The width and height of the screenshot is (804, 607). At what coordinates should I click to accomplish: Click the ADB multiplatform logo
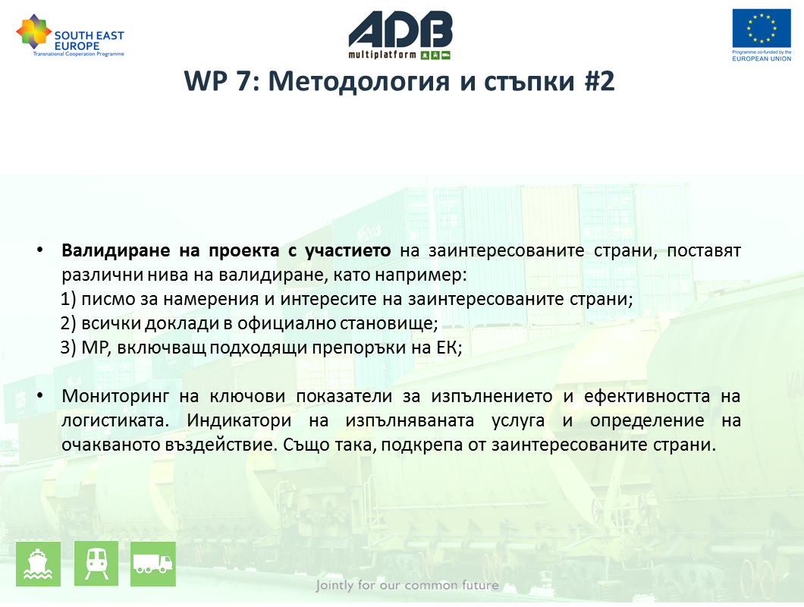(x=400, y=35)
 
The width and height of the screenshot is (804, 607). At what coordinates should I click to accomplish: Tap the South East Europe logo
(x=71, y=36)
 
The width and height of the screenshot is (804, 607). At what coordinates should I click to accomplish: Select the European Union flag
(x=762, y=28)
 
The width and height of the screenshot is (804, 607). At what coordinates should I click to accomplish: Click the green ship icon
(x=39, y=564)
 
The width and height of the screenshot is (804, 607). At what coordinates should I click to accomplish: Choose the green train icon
(x=96, y=564)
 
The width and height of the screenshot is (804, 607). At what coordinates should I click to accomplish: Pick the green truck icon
(x=153, y=564)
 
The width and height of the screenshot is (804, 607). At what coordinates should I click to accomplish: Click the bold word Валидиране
(x=116, y=250)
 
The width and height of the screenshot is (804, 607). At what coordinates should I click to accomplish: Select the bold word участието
(x=347, y=251)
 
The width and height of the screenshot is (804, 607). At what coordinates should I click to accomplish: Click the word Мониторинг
(x=115, y=397)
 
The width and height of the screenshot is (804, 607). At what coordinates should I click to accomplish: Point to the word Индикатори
(x=239, y=420)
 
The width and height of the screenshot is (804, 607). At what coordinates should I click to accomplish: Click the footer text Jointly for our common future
(x=407, y=586)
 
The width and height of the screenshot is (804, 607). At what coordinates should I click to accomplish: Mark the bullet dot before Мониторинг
(x=40, y=396)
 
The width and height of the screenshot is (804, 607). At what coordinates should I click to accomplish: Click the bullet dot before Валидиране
(x=40, y=250)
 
